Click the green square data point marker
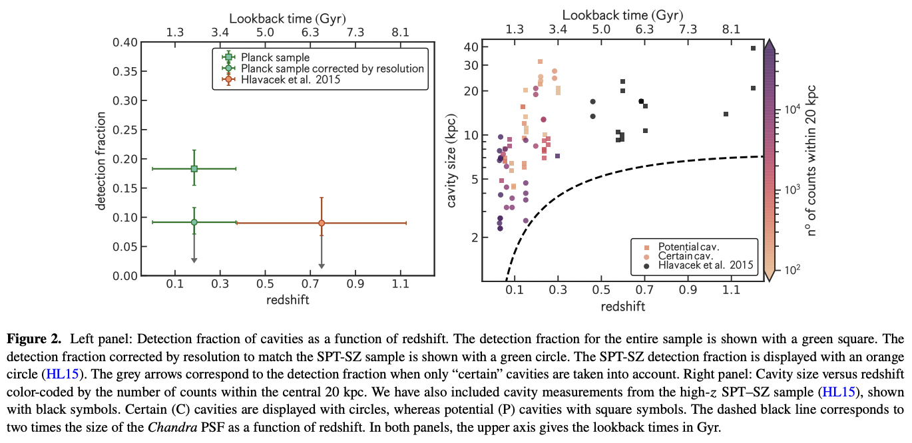click(x=194, y=169)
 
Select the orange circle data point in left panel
click(x=322, y=223)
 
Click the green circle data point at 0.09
click(x=194, y=222)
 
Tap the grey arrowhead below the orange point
click(x=322, y=266)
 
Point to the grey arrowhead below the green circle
click(x=194, y=259)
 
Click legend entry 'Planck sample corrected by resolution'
click(x=332, y=69)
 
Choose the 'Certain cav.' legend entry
click(x=685, y=255)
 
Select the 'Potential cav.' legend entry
click(x=688, y=246)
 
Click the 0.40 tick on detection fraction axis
click(x=126, y=43)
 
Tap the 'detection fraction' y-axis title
click(x=101, y=160)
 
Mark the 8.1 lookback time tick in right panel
click(x=730, y=30)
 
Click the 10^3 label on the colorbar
click(x=790, y=190)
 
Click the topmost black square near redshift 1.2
click(x=753, y=48)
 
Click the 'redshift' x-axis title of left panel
click(x=288, y=300)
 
